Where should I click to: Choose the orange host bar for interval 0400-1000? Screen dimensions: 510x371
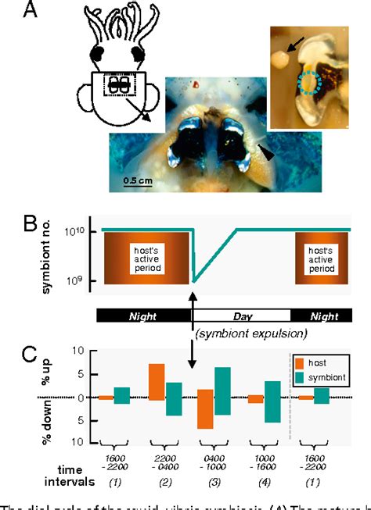coord(205,408)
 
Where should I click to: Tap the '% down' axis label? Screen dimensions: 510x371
coord(66,422)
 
